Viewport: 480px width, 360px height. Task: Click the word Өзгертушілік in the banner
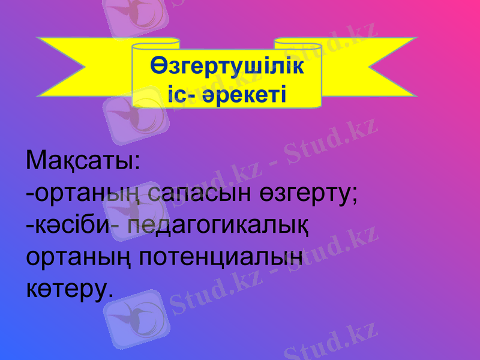pyautogui.click(x=227, y=67)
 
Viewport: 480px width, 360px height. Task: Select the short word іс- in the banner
pyautogui.click(x=181, y=93)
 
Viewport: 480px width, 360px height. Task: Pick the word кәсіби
pyautogui.click(x=68, y=226)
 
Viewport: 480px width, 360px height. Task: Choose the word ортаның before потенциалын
pyautogui.click(x=80, y=259)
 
